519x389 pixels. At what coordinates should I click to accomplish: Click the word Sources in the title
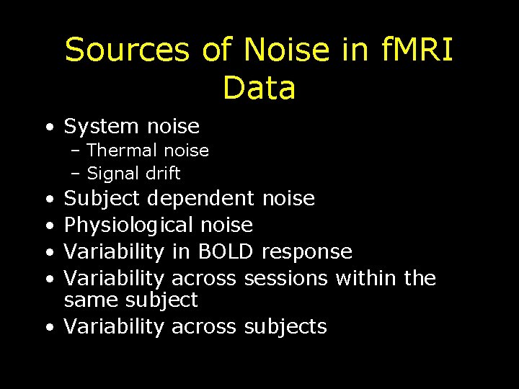click(128, 50)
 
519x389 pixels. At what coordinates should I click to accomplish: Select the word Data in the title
click(259, 88)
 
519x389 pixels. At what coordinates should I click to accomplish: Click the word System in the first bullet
click(100, 127)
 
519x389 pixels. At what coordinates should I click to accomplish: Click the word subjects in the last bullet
click(285, 327)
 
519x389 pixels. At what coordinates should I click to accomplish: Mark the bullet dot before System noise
click(47, 128)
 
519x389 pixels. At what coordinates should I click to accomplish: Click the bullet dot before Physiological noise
click(47, 226)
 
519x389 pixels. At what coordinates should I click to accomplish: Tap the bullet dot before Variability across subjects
click(47, 327)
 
